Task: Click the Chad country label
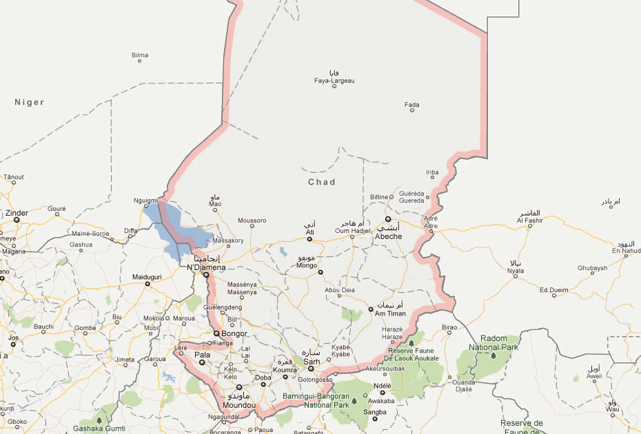pyautogui.click(x=321, y=182)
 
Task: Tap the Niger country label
pyautogui.click(x=29, y=102)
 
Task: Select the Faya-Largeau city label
pyautogui.click(x=334, y=81)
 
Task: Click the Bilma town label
pyautogui.click(x=140, y=54)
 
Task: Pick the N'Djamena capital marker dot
pyautogui.click(x=205, y=275)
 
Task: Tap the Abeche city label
pyautogui.click(x=388, y=236)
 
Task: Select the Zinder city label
pyautogui.click(x=17, y=213)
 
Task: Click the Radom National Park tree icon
pyautogui.click(x=493, y=356)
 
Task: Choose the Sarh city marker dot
pyautogui.click(x=310, y=369)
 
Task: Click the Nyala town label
pyautogui.click(x=516, y=271)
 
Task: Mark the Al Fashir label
pyautogui.click(x=530, y=220)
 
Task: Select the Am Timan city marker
pyautogui.click(x=370, y=309)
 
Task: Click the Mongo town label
pyautogui.click(x=306, y=265)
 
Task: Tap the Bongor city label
pyautogui.click(x=234, y=334)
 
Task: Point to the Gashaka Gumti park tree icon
pyautogui.click(x=99, y=419)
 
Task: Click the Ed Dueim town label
pyautogui.click(x=553, y=289)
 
